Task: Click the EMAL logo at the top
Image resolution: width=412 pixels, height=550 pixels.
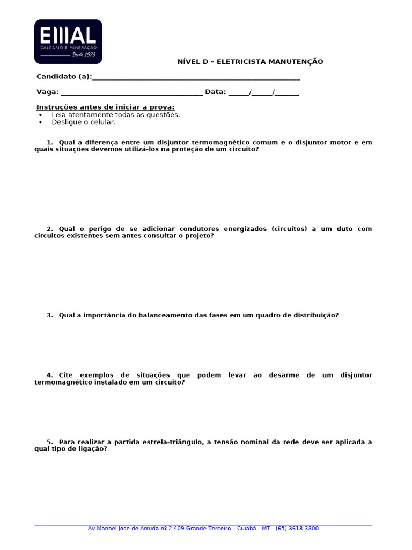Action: point(68,41)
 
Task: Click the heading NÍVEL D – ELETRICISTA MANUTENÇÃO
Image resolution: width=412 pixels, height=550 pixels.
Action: point(250,62)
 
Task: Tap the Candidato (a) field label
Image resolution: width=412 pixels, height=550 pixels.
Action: point(64,77)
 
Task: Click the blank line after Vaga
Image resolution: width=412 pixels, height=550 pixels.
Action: point(131,92)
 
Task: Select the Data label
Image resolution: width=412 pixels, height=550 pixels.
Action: point(215,92)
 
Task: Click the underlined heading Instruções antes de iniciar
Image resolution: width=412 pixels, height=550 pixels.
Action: point(105,107)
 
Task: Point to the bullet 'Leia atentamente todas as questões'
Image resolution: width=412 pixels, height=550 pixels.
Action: point(115,114)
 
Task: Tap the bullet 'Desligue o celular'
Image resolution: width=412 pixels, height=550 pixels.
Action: point(83,122)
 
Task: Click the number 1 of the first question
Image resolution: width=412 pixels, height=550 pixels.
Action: point(49,142)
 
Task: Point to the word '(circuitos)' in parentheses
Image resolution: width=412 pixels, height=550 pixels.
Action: point(290,229)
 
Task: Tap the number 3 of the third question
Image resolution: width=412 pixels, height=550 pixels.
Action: point(49,315)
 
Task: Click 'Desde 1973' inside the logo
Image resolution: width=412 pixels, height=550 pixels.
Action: point(83,54)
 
